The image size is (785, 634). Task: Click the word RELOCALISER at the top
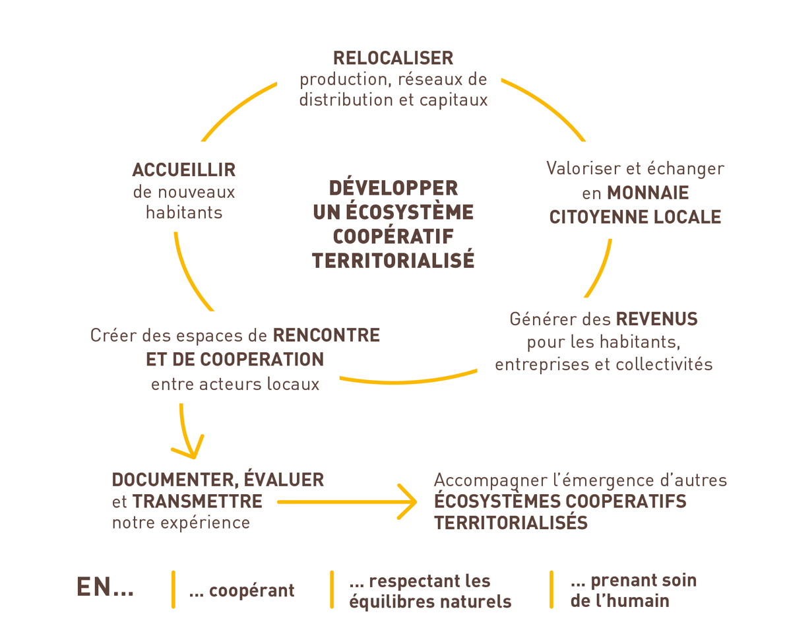(393, 58)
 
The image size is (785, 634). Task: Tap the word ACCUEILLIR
(183, 170)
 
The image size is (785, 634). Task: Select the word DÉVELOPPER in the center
(393, 188)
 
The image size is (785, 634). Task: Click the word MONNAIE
(648, 193)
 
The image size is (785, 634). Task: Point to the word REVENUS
(656, 320)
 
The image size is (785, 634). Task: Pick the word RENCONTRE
(327, 336)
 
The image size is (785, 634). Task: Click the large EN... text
(106, 588)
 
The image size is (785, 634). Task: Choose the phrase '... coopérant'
(241, 590)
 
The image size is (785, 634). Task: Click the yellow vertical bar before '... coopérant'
(173, 589)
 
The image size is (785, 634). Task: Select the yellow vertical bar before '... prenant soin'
(551, 589)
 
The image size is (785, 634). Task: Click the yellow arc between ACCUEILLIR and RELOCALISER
(234, 108)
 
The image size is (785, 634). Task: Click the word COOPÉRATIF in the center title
(393, 236)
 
